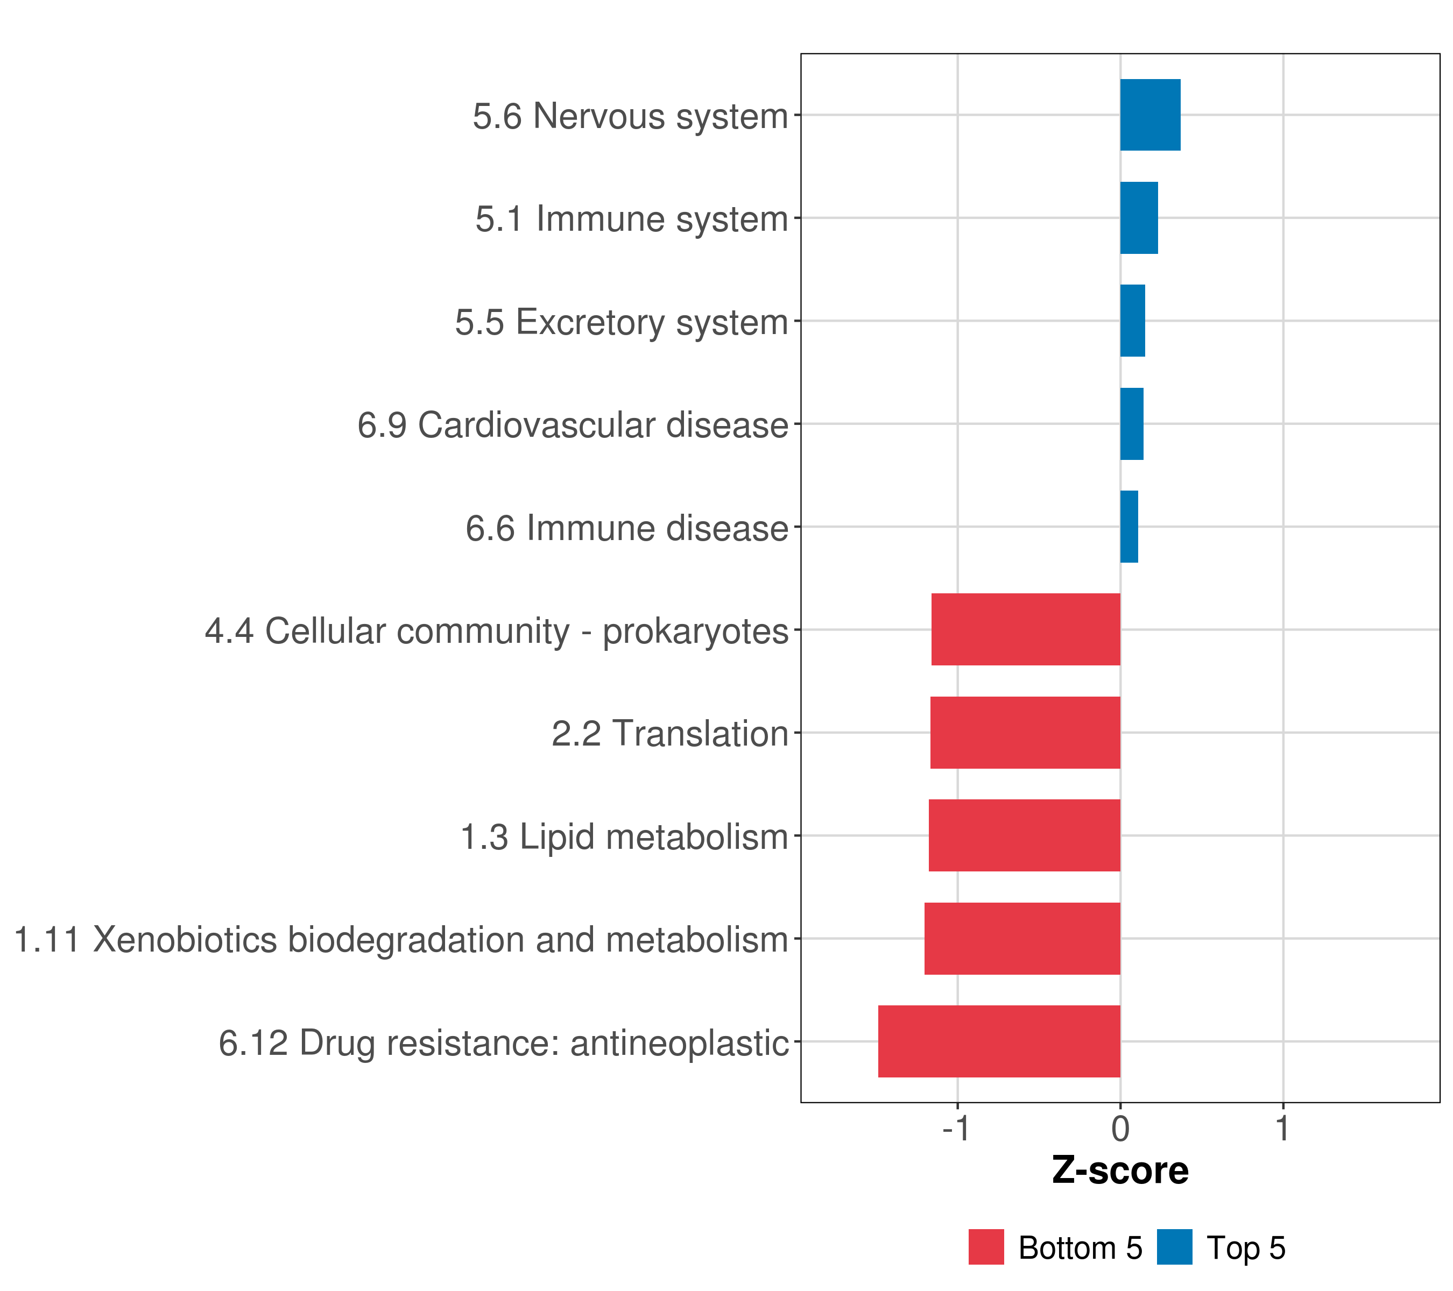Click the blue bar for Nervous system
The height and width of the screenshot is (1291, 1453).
[x=1150, y=115]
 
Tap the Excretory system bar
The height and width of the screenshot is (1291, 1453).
[x=1132, y=321]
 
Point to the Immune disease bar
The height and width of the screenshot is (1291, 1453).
[x=1129, y=527]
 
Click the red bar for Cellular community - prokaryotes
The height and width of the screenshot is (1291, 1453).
[x=1026, y=629]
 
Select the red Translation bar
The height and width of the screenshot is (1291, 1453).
[x=1025, y=733]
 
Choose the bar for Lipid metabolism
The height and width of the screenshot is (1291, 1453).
[x=1024, y=835]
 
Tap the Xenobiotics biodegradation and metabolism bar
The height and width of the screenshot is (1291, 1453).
[x=1022, y=939]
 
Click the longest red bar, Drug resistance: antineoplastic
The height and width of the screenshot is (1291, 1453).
[x=999, y=1041]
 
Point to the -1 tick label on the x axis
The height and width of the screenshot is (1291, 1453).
[x=956, y=1129]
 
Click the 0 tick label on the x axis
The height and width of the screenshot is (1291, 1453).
[x=1120, y=1129]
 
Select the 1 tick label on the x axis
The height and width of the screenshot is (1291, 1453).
[x=1282, y=1129]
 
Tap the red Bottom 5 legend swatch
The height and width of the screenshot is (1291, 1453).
[x=986, y=1247]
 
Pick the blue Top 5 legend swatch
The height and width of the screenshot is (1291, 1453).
[x=1174, y=1247]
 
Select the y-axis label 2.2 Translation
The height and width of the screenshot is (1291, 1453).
[x=669, y=734]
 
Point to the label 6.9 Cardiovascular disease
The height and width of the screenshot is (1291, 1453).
[x=573, y=425]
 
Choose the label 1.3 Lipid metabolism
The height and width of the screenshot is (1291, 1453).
[x=624, y=837]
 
